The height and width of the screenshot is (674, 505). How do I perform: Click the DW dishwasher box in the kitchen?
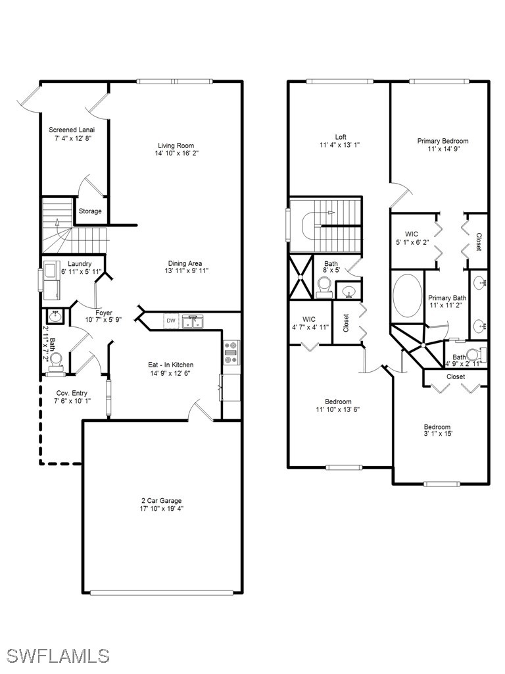pyautogui.click(x=171, y=321)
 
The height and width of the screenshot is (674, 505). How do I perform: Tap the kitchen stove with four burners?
pyautogui.click(x=231, y=353)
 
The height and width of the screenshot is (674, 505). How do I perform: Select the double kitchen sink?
pyautogui.click(x=193, y=321)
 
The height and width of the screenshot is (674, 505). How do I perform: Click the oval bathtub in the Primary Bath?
pyautogui.click(x=408, y=296)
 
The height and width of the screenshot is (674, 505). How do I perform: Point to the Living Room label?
pyautogui.click(x=176, y=145)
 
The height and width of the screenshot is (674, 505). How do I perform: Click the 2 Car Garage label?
pyautogui.click(x=162, y=501)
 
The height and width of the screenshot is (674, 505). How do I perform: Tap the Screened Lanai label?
pyautogui.click(x=72, y=130)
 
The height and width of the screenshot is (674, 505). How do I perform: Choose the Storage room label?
pyautogui.click(x=90, y=211)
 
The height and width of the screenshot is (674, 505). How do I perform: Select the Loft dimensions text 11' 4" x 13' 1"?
pyautogui.click(x=340, y=145)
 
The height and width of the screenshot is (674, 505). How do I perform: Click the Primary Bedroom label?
pyautogui.click(x=443, y=141)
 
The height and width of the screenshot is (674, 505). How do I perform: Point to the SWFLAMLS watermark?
pyautogui.click(x=58, y=656)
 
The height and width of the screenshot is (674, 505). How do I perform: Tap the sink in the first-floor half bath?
pyautogui.click(x=55, y=317)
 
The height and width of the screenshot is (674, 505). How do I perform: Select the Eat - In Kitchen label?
pyautogui.click(x=171, y=365)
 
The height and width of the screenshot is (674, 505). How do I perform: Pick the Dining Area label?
pyautogui.click(x=185, y=263)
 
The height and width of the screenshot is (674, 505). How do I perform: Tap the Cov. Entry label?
pyautogui.click(x=72, y=394)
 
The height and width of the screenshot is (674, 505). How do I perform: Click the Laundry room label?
pyautogui.click(x=80, y=264)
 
